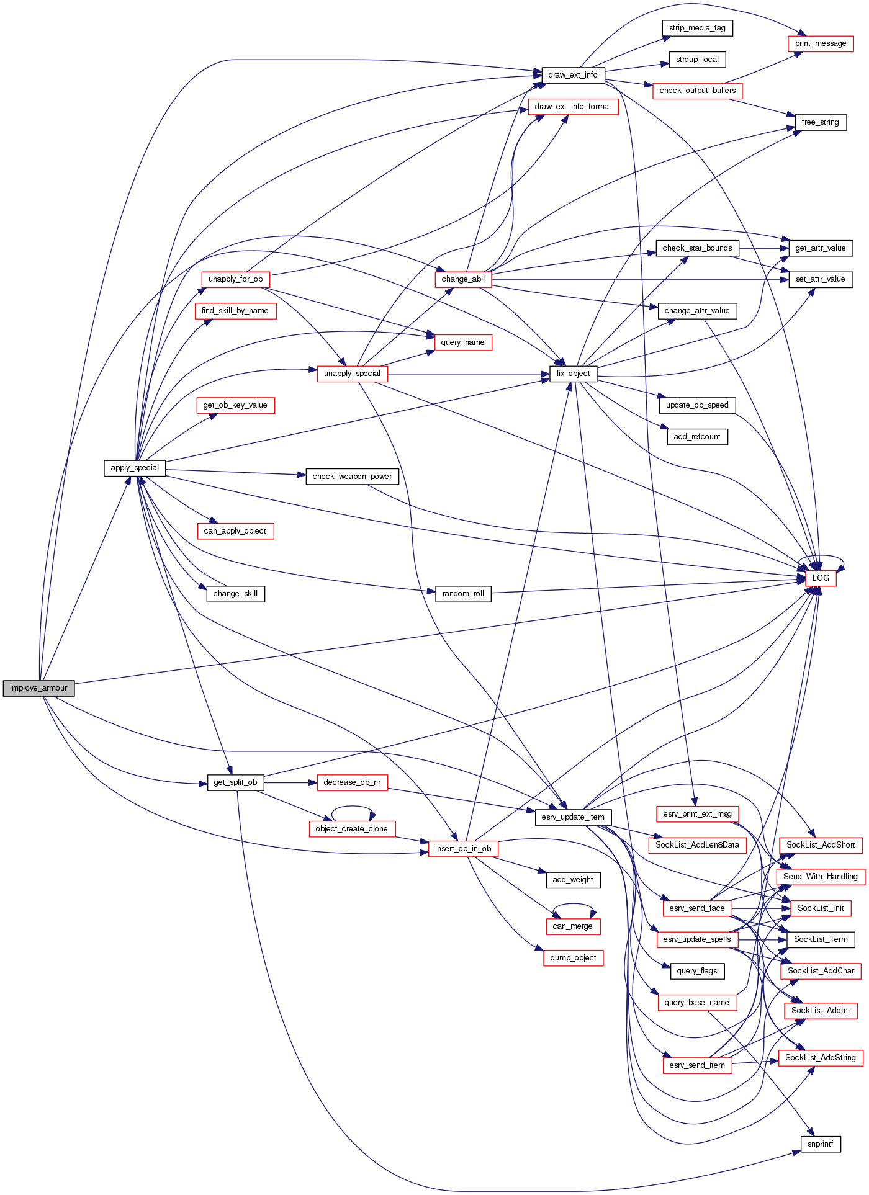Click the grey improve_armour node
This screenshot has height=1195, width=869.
38,688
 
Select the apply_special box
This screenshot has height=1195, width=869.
135,468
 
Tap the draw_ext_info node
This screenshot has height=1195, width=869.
572,75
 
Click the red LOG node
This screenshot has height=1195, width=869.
821,578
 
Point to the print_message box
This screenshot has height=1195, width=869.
821,43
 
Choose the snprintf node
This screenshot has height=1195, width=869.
821,1144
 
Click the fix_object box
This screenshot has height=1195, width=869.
573,374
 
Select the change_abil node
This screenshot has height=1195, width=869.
463,279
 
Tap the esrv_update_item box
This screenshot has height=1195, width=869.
573,817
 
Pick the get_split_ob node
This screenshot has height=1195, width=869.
235,782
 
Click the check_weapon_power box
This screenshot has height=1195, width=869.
352,477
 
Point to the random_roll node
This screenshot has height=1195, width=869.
463,594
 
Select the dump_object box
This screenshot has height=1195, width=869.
573,958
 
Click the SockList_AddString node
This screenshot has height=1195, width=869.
821,1057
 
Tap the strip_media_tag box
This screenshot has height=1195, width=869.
697,28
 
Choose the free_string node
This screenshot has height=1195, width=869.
820,122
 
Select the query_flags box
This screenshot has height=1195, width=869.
697,971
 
